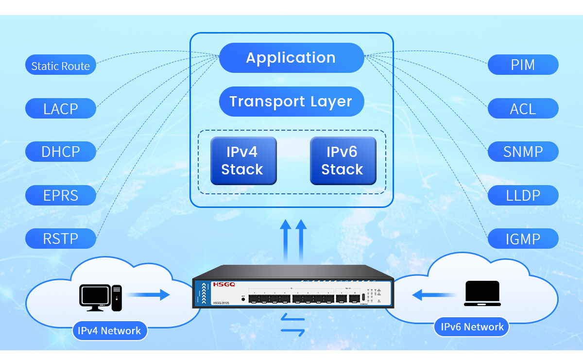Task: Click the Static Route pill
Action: coord(61,66)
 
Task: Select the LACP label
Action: coord(61,108)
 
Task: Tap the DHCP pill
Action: coord(61,152)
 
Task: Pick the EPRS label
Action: coord(61,195)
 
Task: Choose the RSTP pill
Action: coord(61,238)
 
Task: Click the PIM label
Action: coord(523,65)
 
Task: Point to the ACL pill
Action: coord(523,108)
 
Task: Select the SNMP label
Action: coord(523,152)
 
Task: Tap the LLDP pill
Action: coord(523,195)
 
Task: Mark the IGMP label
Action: coord(523,239)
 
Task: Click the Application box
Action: coord(291,58)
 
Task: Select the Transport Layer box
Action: coord(291,102)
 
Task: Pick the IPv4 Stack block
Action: coord(243,161)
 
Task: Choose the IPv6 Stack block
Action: coord(343,161)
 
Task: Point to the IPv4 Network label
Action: coord(109,331)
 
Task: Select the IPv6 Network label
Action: coord(472,327)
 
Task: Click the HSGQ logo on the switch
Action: coord(223,284)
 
